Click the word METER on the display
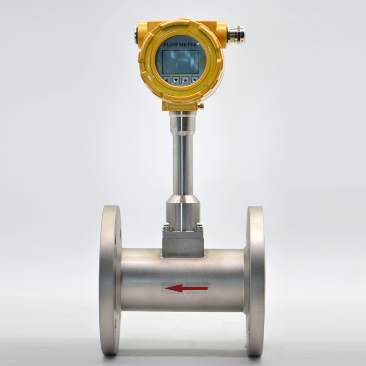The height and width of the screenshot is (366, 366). click(x=187, y=44)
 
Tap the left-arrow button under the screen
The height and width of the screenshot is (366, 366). click(x=167, y=80)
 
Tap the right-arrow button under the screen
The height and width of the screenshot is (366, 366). click(x=195, y=80)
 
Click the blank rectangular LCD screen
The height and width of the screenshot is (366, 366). click(x=181, y=62)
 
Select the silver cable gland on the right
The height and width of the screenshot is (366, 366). click(x=236, y=34)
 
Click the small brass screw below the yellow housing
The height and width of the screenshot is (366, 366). click(x=200, y=106)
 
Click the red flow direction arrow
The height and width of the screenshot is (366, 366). click(x=186, y=288)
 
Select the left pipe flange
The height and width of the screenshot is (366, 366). click(x=110, y=280)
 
